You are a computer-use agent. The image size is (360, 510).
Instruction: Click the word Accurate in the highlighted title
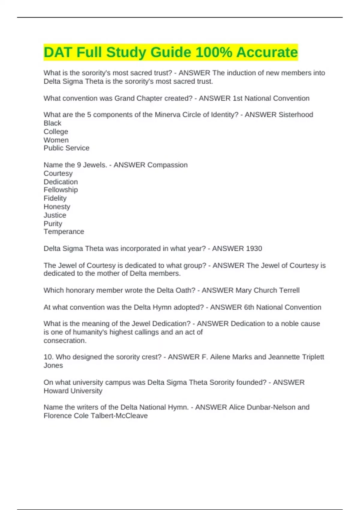pyautogui.click(x=267, y=52)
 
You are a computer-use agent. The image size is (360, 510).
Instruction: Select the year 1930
pyautogui.click(x=254, y=249)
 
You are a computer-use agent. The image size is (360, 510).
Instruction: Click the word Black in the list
pyautogui.click(x=52, y=123)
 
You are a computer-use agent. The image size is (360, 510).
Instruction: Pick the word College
pyautogui.click(x=56, y=132)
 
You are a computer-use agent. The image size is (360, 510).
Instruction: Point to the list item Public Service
pyautogui.click(x=66, y=148)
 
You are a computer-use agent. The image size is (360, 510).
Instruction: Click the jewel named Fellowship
pyautogui.click(x=61, y=190)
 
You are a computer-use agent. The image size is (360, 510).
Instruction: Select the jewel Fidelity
pyautogui.click(x=55, y=198)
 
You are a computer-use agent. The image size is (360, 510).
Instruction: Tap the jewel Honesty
pyautogui.click(x=57, y=207)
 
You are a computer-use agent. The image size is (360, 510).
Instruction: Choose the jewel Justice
pyautogui.click(x=55, y=215)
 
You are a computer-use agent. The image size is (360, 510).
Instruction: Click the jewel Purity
pyautogui.click(x=53, y=224)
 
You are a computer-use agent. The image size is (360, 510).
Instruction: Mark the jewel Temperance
pyautogui.click(x=64, y=232)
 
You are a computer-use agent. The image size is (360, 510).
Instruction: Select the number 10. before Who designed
pyautogui.click(x=48, y=357)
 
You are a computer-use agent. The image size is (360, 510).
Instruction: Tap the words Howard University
pyautogui.click(x=73, y=391)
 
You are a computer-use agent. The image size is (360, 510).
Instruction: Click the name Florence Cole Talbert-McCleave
pyautogui.click(x=95, y=416)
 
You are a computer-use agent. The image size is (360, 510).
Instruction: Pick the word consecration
pyautogui.click(x=65, y=341)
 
